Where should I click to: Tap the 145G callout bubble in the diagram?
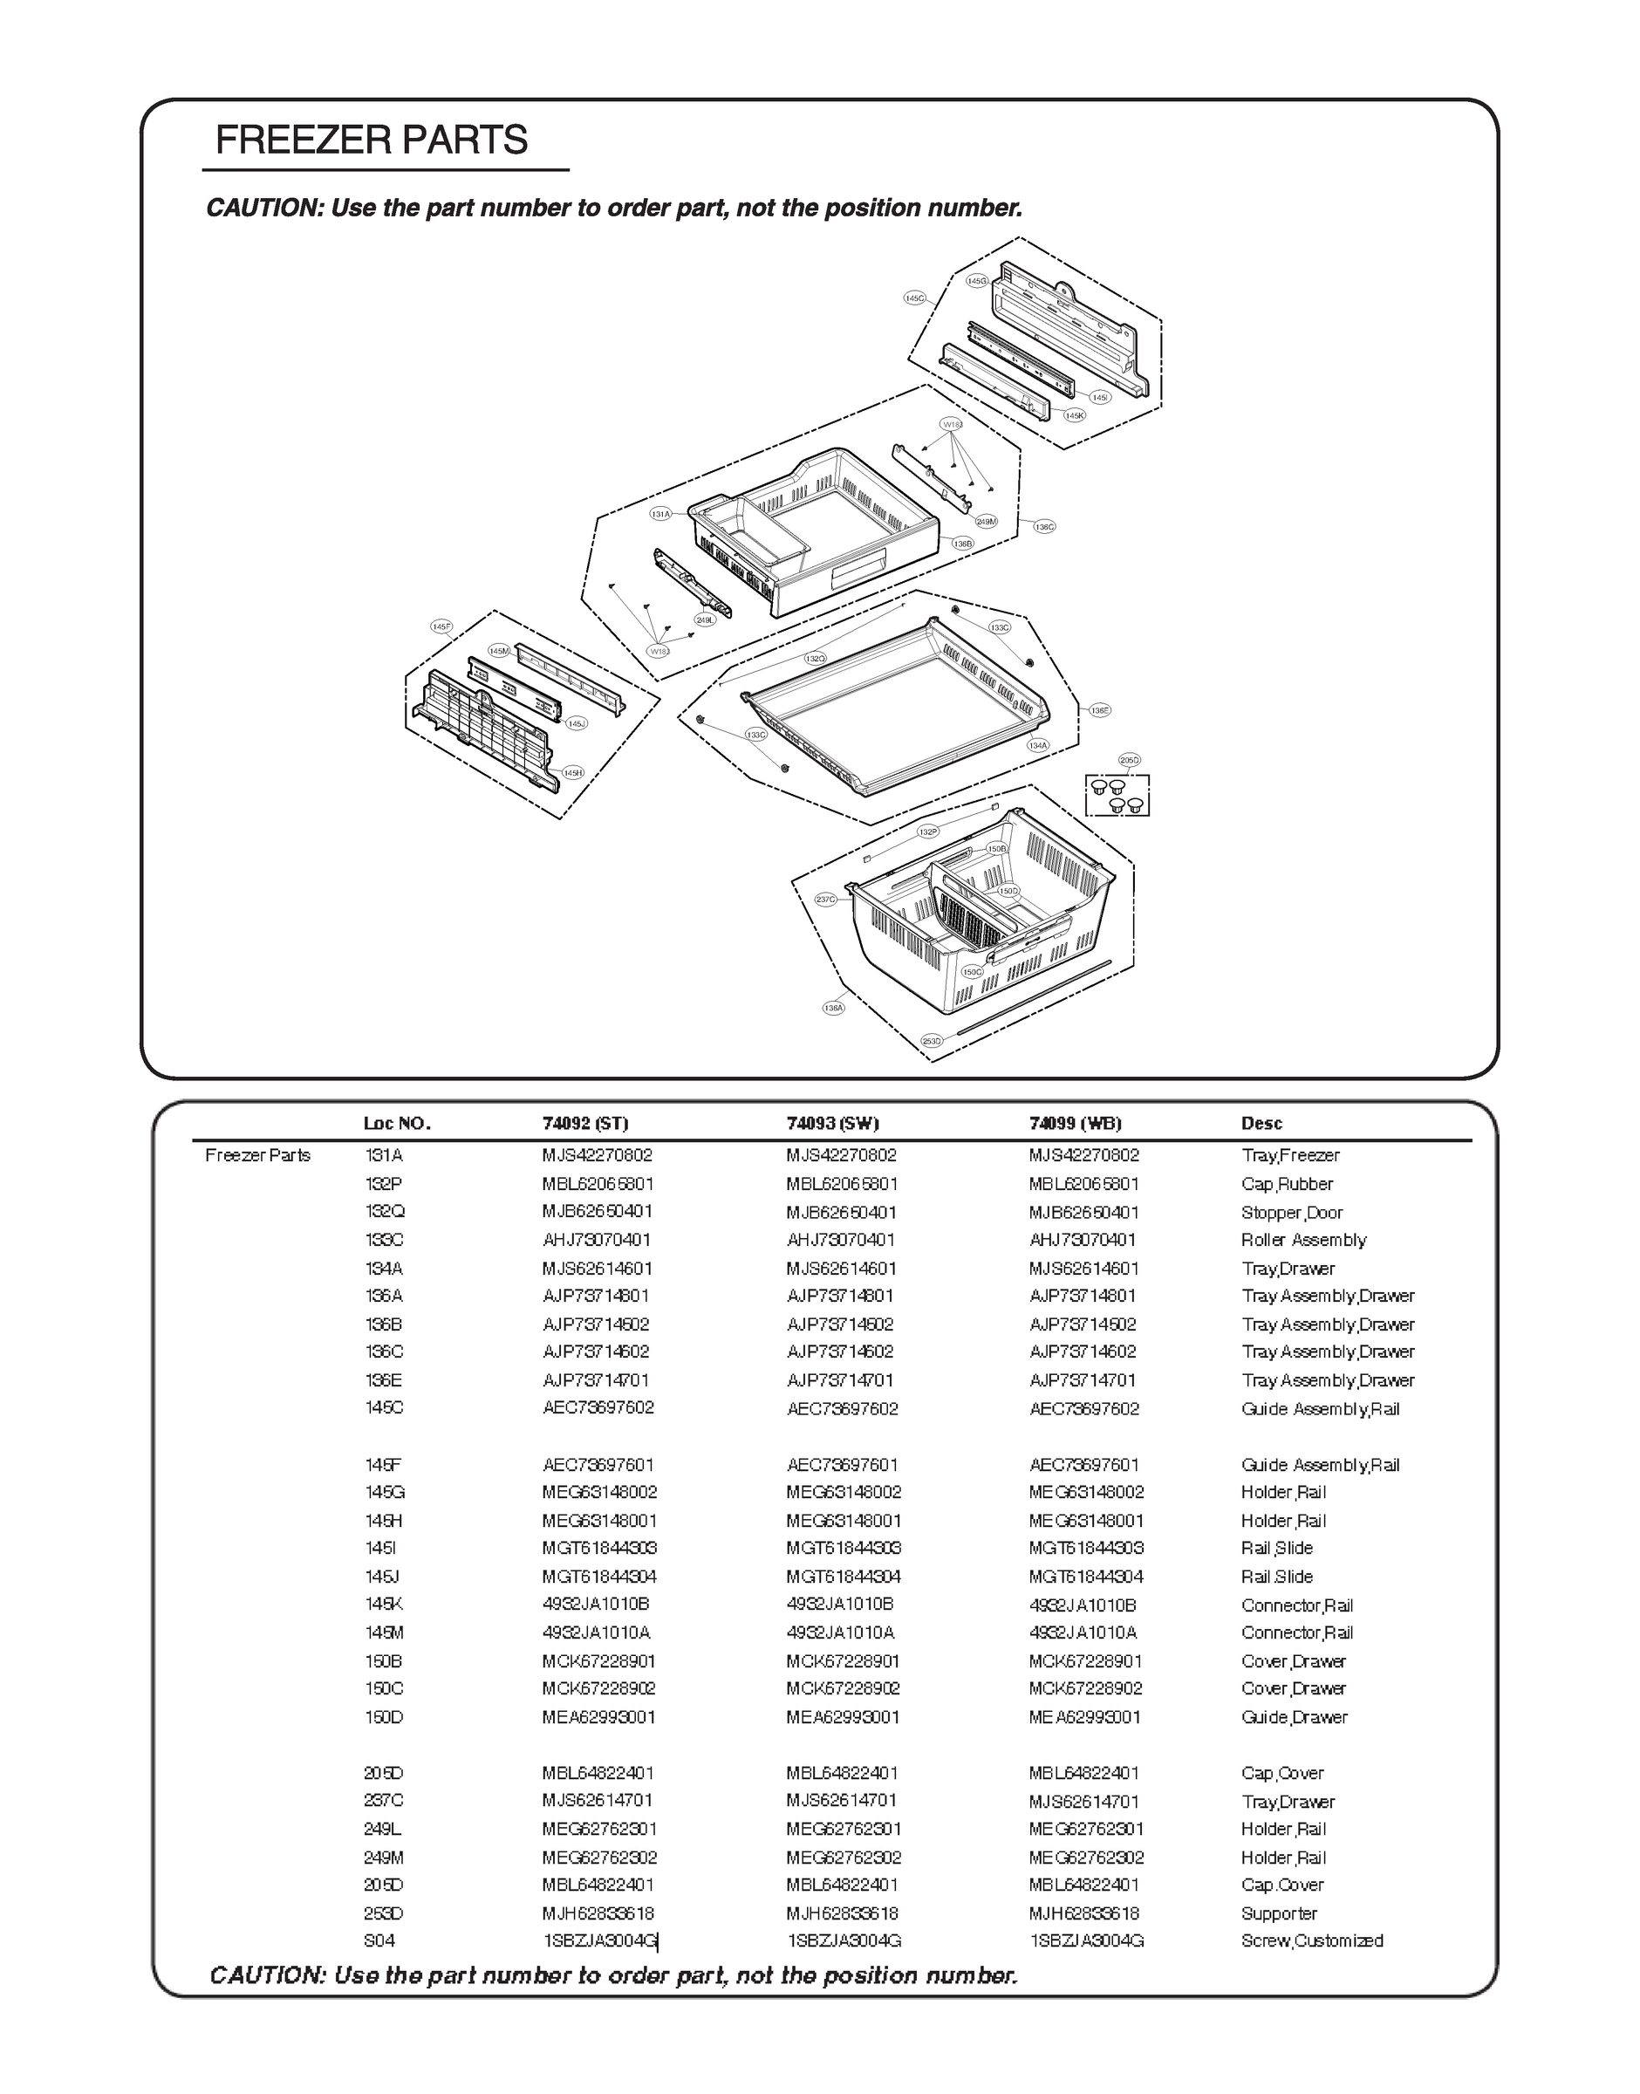[x=975, y=280]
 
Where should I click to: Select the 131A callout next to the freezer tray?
[x=660, y=515]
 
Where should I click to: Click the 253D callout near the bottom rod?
[x=932, y=1041]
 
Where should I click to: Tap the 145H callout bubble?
[x=573, y=773]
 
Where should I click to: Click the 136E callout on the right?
[x=1099, y=710]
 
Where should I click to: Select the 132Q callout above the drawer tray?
[x=815, y=659]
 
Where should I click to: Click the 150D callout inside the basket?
[x=1008, y=891]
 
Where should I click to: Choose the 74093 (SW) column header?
[x=832, y=1123]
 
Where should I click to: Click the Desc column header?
[x=1261, y=1123]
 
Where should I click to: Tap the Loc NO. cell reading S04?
[x=379, y=1940]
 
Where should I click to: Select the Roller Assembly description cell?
[x=1303, y=1240]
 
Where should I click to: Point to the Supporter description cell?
[x=1279, y=1913]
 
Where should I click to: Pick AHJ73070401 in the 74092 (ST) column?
[x=597, y=1240]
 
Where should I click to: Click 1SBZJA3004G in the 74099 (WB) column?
[x=1086, y=1940]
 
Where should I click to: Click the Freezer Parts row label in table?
[x=257, y=1155]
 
